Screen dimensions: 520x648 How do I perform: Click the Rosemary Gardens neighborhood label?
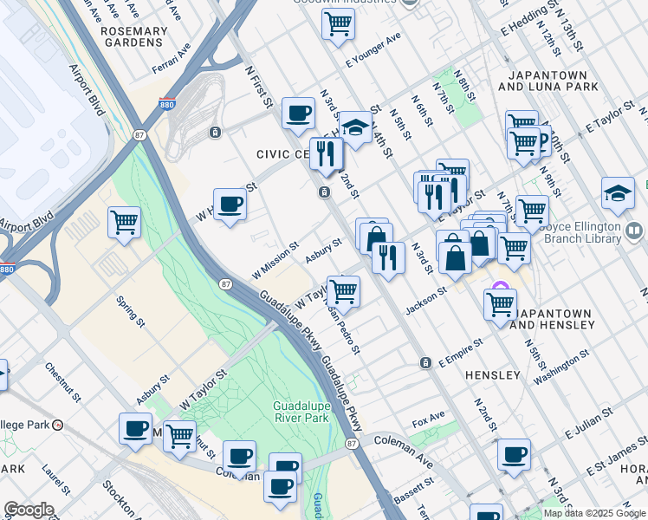133,37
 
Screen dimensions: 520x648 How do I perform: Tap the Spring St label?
131,310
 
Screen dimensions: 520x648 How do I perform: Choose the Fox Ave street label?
428,422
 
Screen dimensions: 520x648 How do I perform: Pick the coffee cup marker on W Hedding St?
230,205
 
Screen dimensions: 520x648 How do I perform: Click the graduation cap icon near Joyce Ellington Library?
618,192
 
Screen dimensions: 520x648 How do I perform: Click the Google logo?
28,510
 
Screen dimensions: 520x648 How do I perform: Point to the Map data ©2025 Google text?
594,513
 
